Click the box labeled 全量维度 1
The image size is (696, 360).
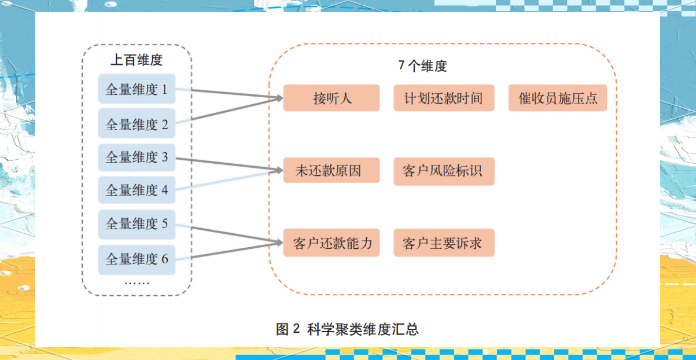coord(137,90)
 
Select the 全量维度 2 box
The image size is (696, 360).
coord(137,123)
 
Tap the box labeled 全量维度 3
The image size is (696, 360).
coord(137,157)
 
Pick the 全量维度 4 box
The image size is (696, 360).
coord(137,190)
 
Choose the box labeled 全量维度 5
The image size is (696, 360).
coord(137,223)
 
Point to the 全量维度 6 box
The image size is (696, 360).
coord(137,259)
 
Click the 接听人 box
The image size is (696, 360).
coord(332,98)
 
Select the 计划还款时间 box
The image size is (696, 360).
coord(444,98)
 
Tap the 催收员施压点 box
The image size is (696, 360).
coord(558,98)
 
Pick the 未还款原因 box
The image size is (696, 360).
coord(332,171)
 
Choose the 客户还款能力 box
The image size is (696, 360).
coord(332,243)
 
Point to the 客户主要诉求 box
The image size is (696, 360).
coord(444,243)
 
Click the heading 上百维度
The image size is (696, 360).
coord(137,60)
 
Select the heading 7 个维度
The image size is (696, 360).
coord(423,65)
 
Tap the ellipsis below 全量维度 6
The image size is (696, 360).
coord(137,282)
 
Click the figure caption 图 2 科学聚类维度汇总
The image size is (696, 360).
coord(347,330)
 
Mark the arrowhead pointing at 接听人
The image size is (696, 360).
coord(278,98)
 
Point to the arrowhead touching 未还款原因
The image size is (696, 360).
coord(278,170)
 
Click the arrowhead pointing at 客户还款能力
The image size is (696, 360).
coord(278,243)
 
